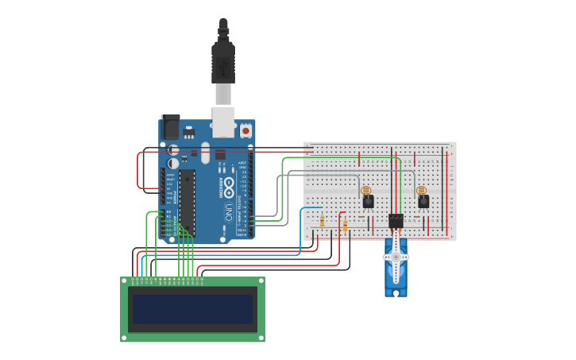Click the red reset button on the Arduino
tap(245, 130)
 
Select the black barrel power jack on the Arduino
tap(171, 127)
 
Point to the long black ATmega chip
tap(187, 202)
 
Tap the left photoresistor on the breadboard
tap(365, 191)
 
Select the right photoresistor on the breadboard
tap(421, 191)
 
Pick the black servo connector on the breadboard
tap(396, 221)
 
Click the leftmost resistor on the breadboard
tap(322, 222)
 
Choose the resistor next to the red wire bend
tap(346, 226)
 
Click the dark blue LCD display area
tap(192, 309)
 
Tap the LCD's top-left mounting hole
tap(126, 282)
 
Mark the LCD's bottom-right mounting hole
tap(260, 337)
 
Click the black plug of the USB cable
tap(223, 64)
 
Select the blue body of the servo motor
tap(396, 274)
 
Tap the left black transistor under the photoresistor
tap(368, 202)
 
